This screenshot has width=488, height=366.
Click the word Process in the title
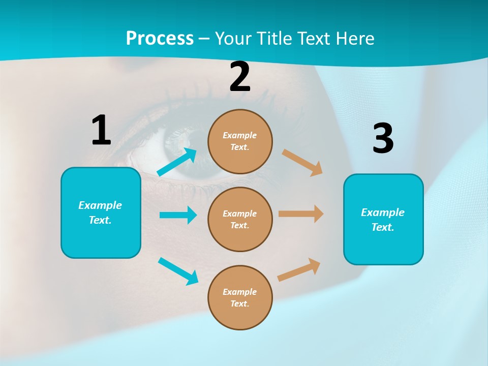(160, 39)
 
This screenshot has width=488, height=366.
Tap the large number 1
(101, 130)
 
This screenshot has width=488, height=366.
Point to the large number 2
(240, 77)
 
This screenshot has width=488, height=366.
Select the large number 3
(383, 138)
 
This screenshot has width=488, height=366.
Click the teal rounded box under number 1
(101, 212)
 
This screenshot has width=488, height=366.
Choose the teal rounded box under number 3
(383, 219)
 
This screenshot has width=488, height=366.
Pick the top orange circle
(240, 141)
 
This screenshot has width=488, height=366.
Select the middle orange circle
(240, 219)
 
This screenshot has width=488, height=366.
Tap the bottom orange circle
(240, 297)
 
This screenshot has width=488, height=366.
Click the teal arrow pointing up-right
(177, 162)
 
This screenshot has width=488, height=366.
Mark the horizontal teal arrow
(178, 215)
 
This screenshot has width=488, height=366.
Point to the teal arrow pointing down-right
(178, 271)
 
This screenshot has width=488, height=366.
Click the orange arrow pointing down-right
(302, 163)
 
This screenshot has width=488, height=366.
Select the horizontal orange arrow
(301, 213)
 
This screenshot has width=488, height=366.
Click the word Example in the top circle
(239, 135)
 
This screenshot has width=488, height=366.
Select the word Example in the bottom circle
(239, 292)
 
